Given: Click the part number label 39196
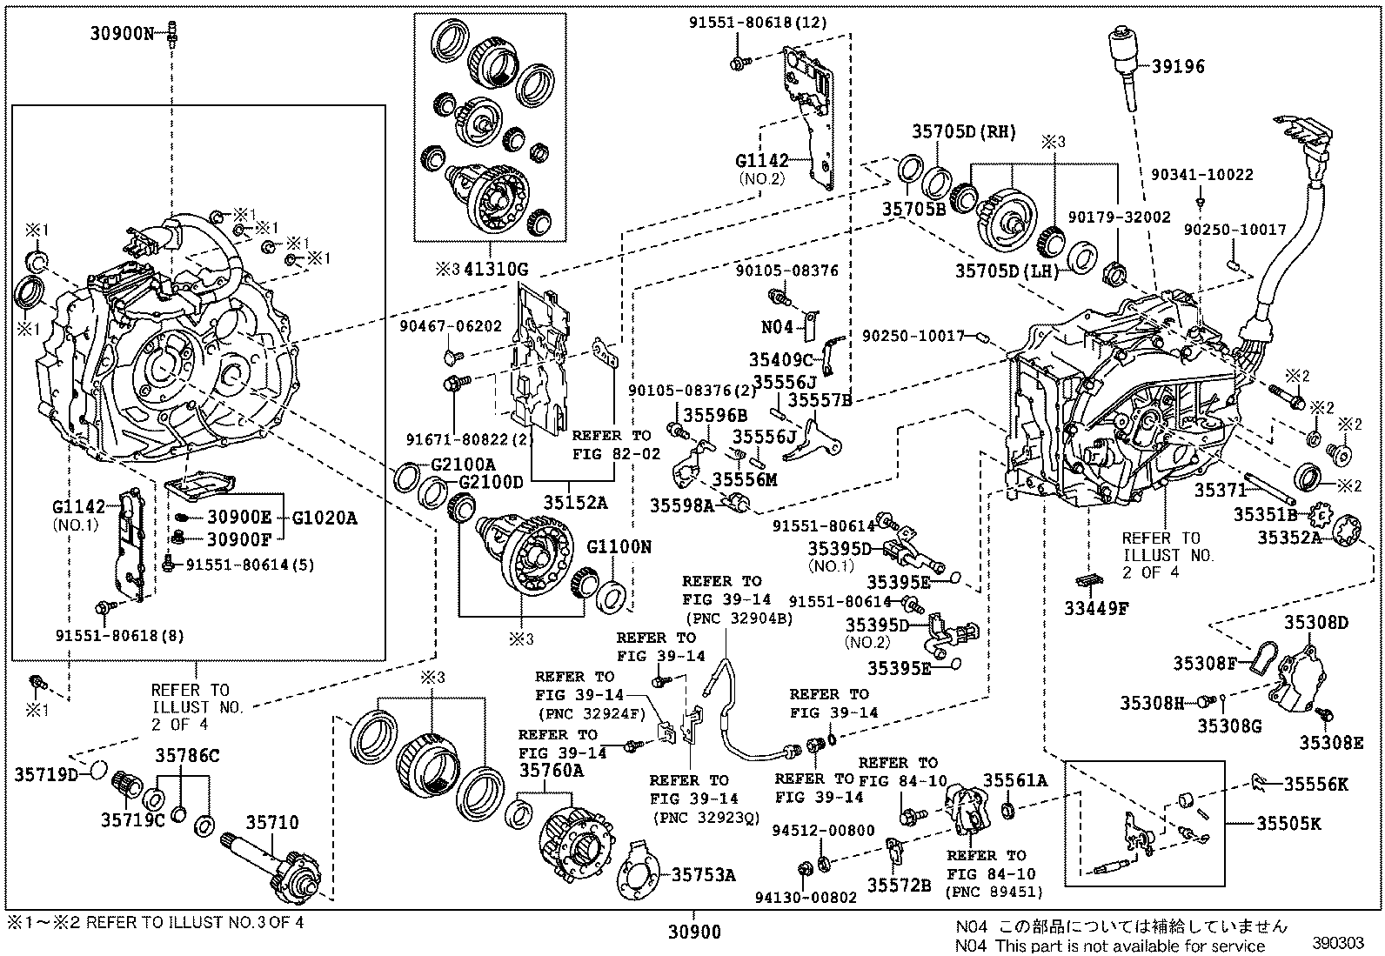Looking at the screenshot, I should point(1179,66).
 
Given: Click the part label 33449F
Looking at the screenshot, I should point(1095,608).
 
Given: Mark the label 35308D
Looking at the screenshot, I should point(1316,622).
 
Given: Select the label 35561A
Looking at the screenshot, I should point(1015,781).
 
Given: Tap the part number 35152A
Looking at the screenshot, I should point(576,502).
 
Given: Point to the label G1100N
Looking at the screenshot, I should point(619,547).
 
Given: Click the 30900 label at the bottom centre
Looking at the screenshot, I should point(694,933).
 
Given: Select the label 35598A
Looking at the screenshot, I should point(681,505).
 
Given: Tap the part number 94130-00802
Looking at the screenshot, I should point(817,897).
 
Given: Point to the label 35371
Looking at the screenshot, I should point(1221,491).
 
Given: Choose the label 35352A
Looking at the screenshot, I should point(1289,538).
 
